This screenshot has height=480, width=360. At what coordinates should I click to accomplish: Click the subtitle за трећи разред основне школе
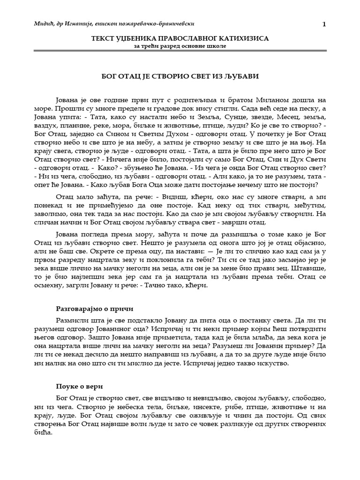(x=180, y=46)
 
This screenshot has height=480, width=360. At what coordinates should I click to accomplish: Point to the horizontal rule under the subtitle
(x=180, y=51)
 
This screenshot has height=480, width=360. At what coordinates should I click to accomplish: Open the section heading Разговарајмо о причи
(x=94, y=309)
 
